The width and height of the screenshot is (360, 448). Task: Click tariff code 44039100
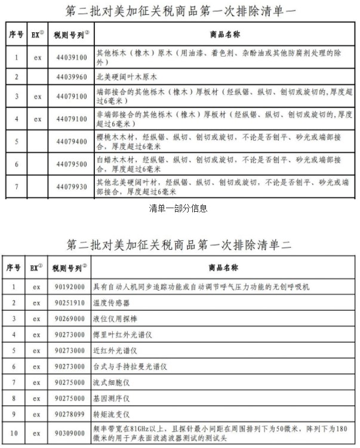click(69, 57)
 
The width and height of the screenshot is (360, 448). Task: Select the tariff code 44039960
click(69, 77)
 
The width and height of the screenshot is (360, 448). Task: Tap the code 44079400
click(69, 141)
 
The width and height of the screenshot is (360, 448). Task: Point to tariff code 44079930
click(69, 187)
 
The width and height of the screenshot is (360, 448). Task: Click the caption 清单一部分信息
click(179, 208)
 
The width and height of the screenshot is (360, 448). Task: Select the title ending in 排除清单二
click(179, 245)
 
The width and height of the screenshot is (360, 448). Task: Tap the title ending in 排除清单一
click(179, 11)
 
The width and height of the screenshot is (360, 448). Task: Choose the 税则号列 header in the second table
click(68, 268)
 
